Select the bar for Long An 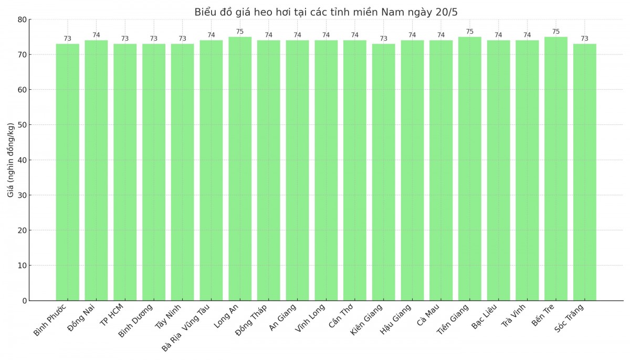pyautogui.click(x=240, y=168)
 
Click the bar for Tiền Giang pyautogui.click(x=469, y=168)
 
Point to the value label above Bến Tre pyautogui.click(x=555, y=31)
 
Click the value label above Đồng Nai pyautogui.click(x=96, y=35)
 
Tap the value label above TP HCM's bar pyautogui.click(x=125, y=39)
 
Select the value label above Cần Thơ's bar pyautogui.click(x=355, y=35)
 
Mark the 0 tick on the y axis pyautogui.click(x=24, y=301)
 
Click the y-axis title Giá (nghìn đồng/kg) pyautogui.click(x=11, y=160)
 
